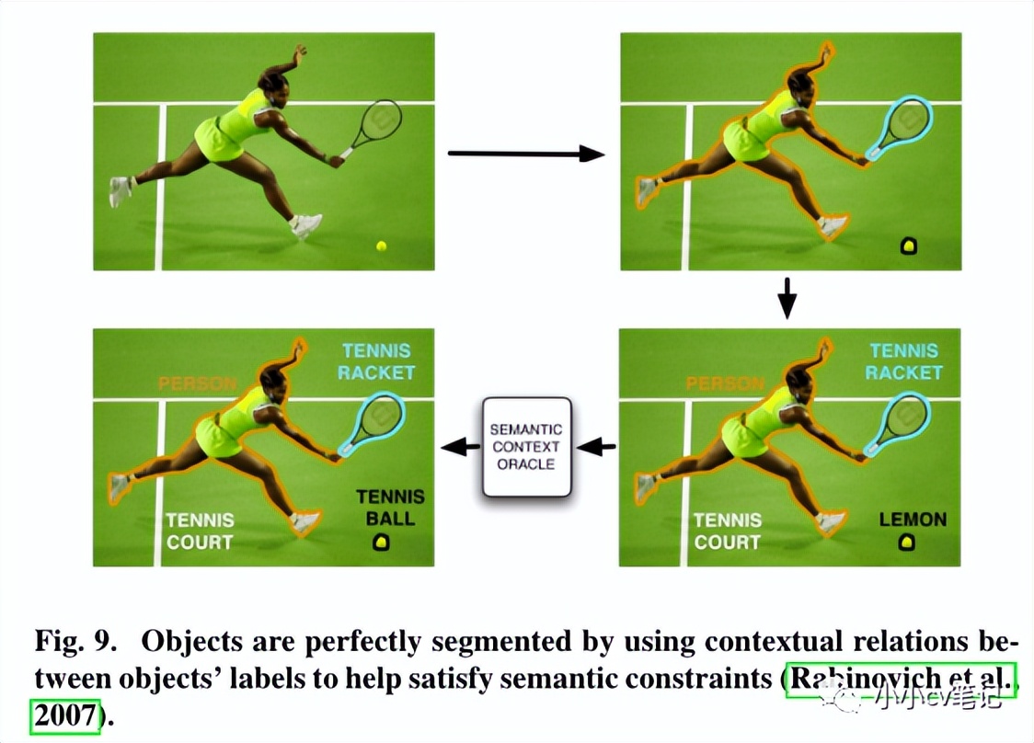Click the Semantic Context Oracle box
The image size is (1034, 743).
(527, 448)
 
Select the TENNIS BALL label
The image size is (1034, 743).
(390, 507)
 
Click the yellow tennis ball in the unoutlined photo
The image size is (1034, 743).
(381, 246)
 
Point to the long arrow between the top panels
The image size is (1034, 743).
(525, 154)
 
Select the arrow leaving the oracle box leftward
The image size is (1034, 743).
(460, 448)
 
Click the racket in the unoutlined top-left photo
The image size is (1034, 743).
(375, 125)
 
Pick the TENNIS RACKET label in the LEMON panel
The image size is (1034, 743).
(904, 361)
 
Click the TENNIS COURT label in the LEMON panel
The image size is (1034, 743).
(727, 532)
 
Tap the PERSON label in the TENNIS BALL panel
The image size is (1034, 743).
(197, 383)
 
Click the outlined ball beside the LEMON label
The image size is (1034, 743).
(908, 543)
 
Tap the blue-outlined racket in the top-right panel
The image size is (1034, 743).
(901, 126)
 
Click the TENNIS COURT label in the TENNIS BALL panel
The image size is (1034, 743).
(200, 532)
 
